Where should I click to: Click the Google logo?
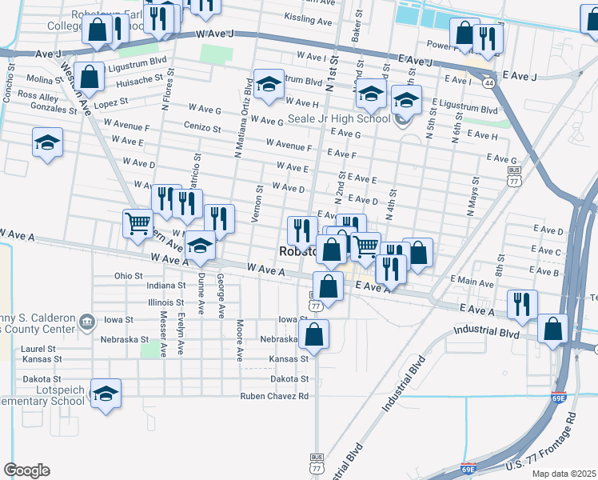click(26, 470)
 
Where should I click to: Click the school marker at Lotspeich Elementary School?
click(106, 394)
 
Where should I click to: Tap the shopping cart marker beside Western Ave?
click(138, 224)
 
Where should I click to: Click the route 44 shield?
click(488, 82)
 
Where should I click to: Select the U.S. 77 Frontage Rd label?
click(540, 446)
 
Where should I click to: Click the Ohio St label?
click(128, 275)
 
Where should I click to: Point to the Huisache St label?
click(141, 78)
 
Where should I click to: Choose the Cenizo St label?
click(201, 128)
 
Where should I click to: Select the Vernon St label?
click(258, 205)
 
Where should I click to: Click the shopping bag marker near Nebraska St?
click(315, 335)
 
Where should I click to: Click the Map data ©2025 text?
click(563, 474)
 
